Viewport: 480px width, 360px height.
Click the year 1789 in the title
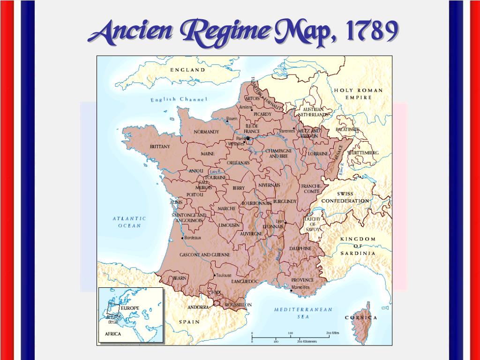(370, 31)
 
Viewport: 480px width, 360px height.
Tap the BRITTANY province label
(160, 147)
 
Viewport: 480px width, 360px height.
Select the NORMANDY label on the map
(206, 132)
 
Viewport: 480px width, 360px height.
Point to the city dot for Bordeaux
(182, 238)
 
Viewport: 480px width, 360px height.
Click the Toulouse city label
(224, 275)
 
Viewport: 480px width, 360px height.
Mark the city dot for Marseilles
(291, 291)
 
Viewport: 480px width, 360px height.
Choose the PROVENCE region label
(302, 280)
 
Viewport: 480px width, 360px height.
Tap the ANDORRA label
(198, 307)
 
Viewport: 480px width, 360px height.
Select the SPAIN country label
(189, 322)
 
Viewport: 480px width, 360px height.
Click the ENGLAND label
(187, 70)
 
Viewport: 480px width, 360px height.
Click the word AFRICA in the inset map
(112, 334)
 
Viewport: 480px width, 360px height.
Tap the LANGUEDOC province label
(245, 281)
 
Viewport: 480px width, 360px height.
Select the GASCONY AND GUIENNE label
(205, 255)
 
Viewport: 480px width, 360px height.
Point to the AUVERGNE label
(251, 233)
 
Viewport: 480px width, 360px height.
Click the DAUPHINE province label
(300, 248)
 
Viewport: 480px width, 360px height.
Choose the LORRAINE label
(318, 154)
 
